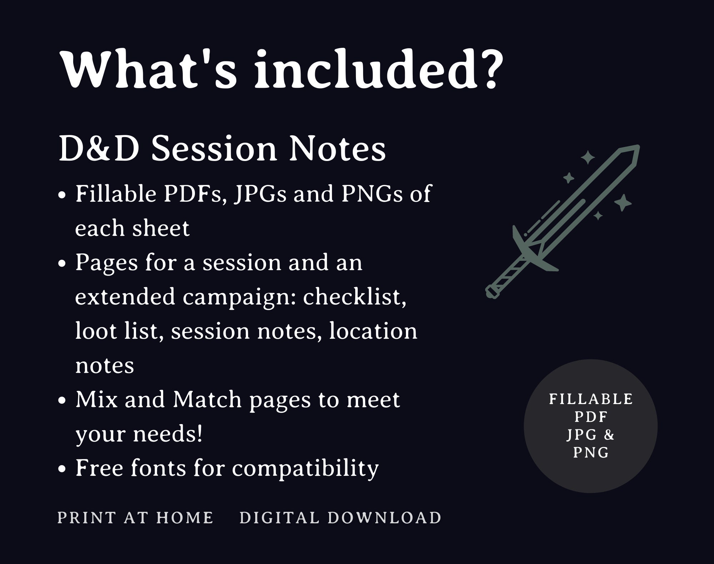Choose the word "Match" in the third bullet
[207, 399]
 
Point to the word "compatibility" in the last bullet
[305, 469]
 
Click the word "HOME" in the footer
[185, 518]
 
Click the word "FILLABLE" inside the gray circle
[591, 399]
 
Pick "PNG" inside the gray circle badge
[591, 453]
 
